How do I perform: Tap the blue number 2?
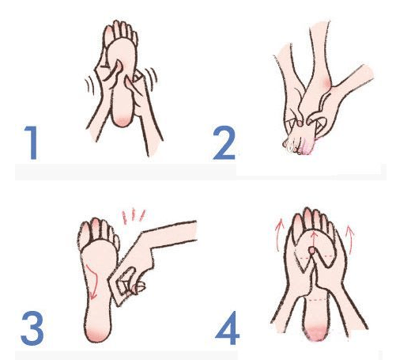click(x=224, y=142)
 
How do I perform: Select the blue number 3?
click(x=32, y=328)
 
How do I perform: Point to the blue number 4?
click(x=227, y=328)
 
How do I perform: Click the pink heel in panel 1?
click(x=123, y=121)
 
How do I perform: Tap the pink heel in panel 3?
click(x=97, y=335)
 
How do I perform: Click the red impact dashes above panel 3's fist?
click(x=134, y=216)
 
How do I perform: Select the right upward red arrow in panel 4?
click(x=350, y=239)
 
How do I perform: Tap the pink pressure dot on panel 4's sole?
click(x=312, y=250)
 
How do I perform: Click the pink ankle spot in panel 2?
click(x=326, y=83)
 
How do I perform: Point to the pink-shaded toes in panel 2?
click(x=304, y=148)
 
